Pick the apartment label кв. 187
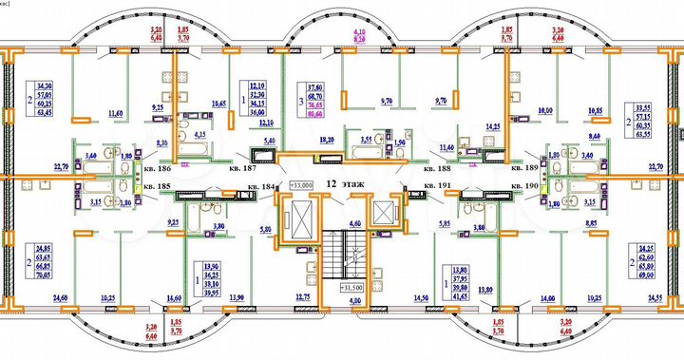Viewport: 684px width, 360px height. (242, 168)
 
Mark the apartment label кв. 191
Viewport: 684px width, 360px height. (435, 185)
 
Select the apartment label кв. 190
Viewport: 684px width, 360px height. (525, 185)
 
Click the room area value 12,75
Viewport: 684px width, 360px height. (303, 298)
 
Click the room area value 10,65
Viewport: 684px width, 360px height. (219, 103)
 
